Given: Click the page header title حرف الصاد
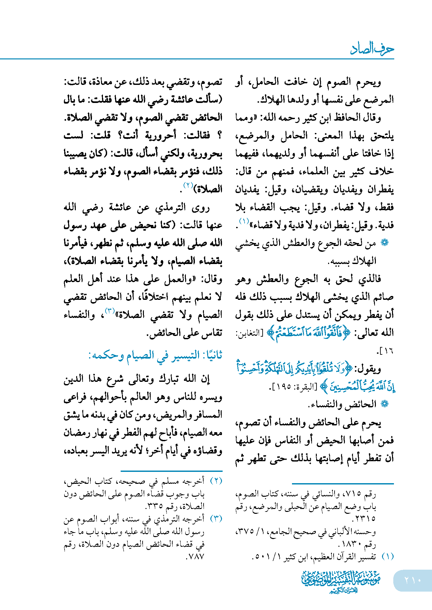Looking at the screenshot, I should (372, 49).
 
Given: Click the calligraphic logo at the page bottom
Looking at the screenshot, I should (341, 581).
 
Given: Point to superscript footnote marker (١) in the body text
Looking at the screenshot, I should (244, 221).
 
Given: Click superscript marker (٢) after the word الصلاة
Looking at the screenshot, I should (188, 185).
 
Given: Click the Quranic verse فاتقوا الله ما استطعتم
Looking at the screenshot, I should (308, 333).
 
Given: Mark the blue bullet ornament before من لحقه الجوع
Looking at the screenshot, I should (385, 243).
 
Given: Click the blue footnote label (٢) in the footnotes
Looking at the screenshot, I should (216, 481).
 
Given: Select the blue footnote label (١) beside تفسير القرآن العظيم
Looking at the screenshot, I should (387, 556).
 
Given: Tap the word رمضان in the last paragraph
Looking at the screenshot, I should (76, 432).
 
